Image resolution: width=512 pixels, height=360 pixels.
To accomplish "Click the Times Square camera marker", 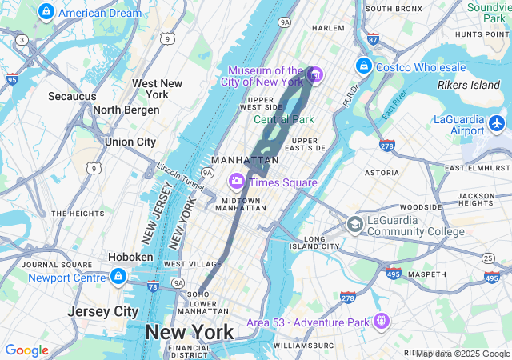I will [x=237, y=182].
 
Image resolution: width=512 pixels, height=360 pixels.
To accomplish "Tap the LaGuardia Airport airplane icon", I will [x=497, y=123].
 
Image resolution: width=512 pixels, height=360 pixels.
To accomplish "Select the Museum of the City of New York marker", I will [x=315, y=75].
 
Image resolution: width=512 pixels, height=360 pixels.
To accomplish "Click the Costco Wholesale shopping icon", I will [x=363, y=66].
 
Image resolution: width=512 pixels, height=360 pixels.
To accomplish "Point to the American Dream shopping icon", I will [x=46, y=12].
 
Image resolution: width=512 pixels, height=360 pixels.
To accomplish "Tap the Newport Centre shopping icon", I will [x=118, y=277].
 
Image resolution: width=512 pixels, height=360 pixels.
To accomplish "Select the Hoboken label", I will [x=131, y=257].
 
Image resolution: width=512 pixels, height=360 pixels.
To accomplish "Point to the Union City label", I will [x=130, y=142].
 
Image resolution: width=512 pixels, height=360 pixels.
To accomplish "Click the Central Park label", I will [x=284, y=119].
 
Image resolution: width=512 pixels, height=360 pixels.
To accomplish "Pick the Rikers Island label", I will [x=469, y=85].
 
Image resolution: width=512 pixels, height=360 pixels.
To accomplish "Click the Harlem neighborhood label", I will [x=328, y=27].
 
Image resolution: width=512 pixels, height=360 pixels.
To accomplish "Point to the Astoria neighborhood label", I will [x=381, y=172].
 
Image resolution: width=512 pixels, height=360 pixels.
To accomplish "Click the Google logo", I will [x=26, y=350].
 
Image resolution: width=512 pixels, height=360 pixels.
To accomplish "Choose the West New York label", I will [x=158, y=88].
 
